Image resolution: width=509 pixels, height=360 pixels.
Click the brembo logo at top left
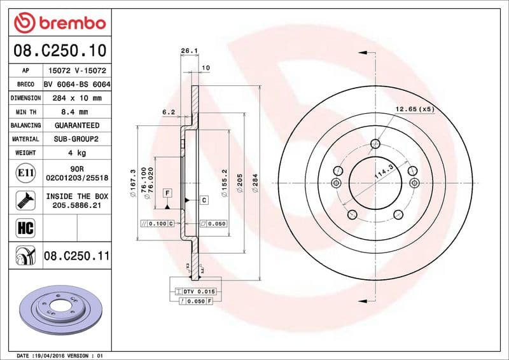tap(59, 23)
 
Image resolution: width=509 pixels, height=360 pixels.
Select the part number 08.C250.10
tap(59, 50)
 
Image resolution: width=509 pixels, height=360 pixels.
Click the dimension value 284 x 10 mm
tap(76, 99)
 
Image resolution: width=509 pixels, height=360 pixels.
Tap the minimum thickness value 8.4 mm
tap(76, 112)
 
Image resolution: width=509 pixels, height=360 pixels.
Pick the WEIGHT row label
tap(25, 153)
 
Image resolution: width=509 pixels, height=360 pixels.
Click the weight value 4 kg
tap(76, 153)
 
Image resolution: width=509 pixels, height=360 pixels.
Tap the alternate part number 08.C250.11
tap(77, 256)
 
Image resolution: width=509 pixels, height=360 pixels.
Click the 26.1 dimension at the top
tap(187, 50)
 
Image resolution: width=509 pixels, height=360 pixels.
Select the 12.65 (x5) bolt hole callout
tap(414, 109)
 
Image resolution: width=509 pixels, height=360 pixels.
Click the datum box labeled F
tap(167, 192)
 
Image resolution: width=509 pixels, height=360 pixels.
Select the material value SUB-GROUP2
tap(76, 139)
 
